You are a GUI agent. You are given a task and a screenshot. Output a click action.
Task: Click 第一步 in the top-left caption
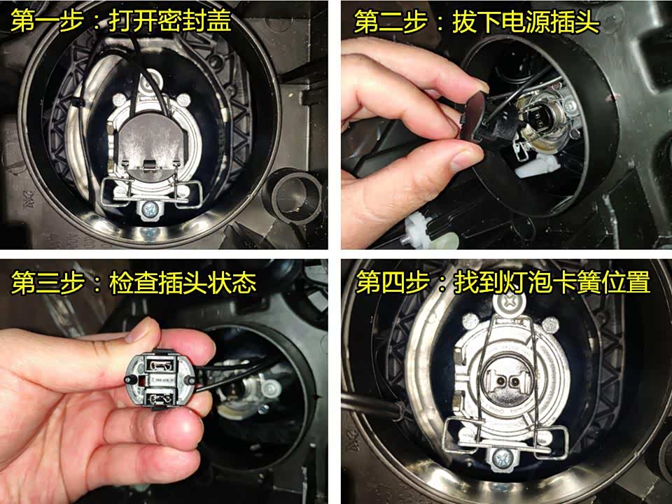point(47,20)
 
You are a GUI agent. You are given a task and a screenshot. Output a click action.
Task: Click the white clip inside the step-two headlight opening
point(537,167)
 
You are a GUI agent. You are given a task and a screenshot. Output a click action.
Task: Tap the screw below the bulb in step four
point(503,459)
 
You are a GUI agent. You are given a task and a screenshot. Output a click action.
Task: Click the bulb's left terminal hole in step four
point(500,380)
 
